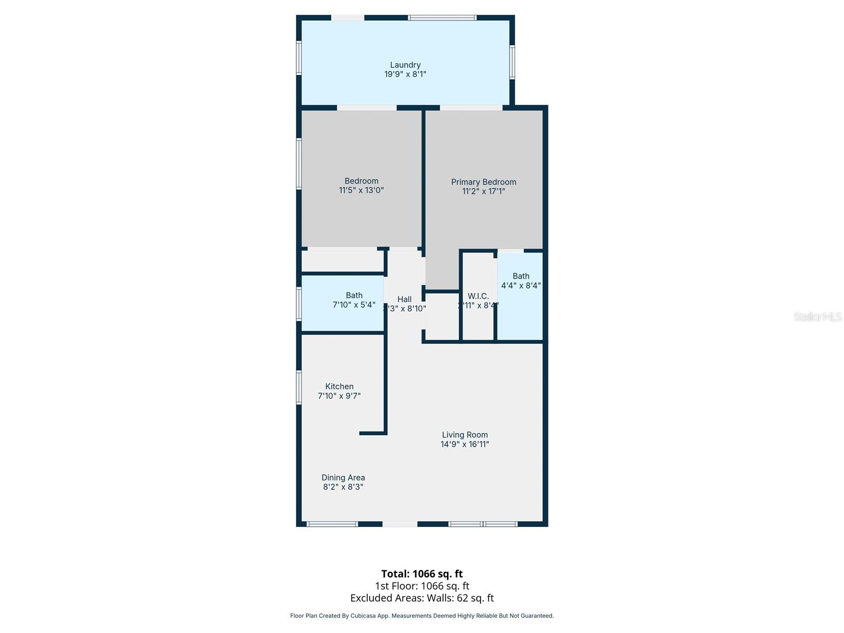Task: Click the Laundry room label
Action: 405,65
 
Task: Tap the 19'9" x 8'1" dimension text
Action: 405,74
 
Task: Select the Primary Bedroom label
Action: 483,182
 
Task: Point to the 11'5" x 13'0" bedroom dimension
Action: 361,190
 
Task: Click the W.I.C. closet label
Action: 478,296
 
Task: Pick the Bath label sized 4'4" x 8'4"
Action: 521,276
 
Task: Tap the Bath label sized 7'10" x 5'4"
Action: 354,295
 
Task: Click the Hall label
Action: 405,299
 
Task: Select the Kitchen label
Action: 339,386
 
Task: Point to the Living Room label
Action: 465,435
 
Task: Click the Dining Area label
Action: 343,477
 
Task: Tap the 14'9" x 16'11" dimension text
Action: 465,444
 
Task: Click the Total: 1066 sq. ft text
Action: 422,573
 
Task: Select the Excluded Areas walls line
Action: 422,598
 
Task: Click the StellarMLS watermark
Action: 817,316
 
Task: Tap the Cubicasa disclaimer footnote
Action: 422,616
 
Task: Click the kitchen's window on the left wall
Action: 299,388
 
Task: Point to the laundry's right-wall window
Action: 512,62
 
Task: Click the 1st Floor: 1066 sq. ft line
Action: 422,586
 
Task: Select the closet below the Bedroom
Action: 342,261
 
